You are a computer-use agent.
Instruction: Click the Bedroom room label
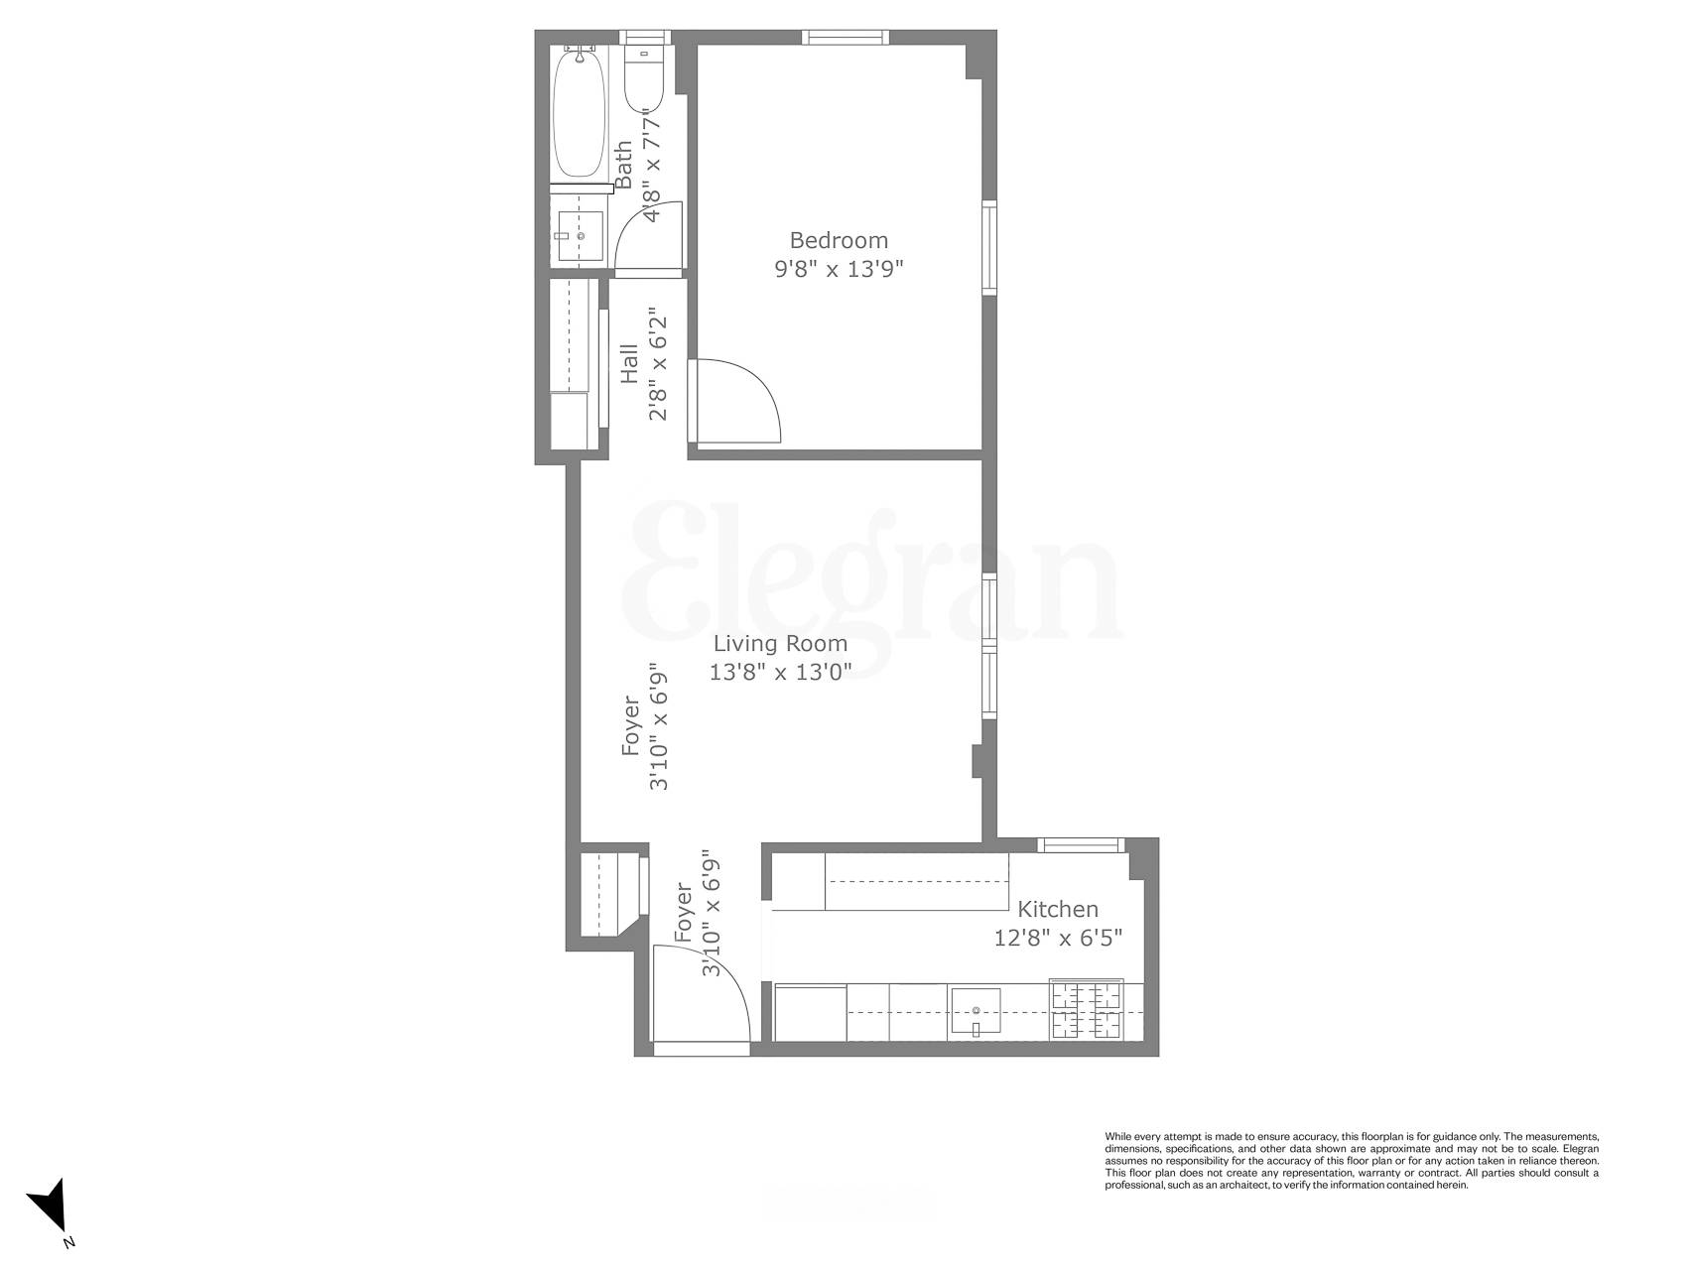(839, 240)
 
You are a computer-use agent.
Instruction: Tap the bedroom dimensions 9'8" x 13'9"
(839, 269)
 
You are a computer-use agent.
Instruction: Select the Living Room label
(780, 644)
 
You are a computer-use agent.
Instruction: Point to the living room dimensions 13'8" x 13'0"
(780, 672)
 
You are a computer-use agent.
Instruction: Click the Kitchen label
(1058, 909)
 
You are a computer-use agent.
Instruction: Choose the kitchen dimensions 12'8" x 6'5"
(1058, 938)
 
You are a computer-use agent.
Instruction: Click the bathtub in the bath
(579, 114)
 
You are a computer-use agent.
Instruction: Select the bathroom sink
(580, 236)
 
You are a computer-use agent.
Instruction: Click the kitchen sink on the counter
(976, 1013)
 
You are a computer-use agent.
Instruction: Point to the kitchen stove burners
(1088, 1010)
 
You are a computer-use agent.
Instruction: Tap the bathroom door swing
(650, 238)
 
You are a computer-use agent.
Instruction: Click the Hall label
(629, 364)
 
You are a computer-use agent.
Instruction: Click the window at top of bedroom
(845, 38)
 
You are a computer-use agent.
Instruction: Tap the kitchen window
(1082, 845)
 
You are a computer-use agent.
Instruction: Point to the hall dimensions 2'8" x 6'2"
(657, 364)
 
